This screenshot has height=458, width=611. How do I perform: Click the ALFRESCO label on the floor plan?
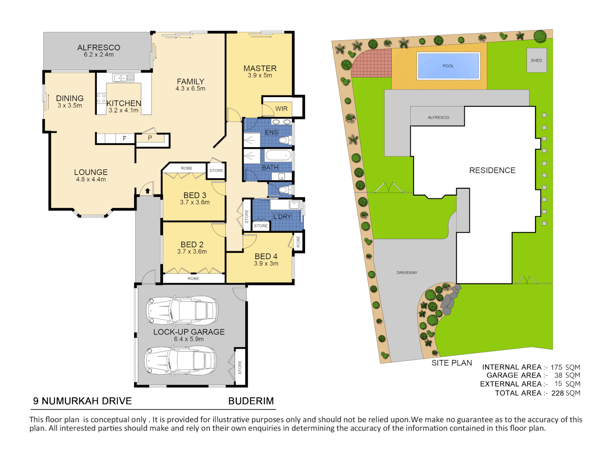[x=98, y=47]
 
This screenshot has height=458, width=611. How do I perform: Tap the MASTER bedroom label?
[x=260, y=68]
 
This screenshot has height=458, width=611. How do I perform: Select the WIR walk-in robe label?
[x=281, y=109]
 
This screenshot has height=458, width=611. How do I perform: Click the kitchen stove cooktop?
[x=101, y=99]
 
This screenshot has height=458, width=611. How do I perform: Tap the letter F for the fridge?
[x=124, y=138]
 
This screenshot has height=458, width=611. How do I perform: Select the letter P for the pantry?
[x=150, y=138]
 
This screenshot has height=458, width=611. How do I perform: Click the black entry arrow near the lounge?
[x=147, y=191]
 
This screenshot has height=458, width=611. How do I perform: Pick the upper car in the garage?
[x=182, y=310]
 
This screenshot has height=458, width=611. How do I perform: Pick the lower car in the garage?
[x=181, y=360]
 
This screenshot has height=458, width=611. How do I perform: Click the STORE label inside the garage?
[x=240, y=367]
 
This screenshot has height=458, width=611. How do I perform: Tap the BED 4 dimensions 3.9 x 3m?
[x=266, y=263]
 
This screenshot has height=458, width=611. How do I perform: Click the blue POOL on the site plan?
[x=448, y=66]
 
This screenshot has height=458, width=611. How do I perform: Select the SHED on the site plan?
[x=536, y=60]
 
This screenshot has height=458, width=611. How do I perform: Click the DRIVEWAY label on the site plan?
[x=406, y=273]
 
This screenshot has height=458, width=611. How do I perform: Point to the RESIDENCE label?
[x=492, y=170]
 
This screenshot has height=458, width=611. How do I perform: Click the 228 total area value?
[x=557, y=393]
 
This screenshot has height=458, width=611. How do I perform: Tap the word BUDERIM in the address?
[x=251, y=401]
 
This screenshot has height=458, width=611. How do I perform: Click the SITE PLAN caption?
[x=451, y=363]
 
